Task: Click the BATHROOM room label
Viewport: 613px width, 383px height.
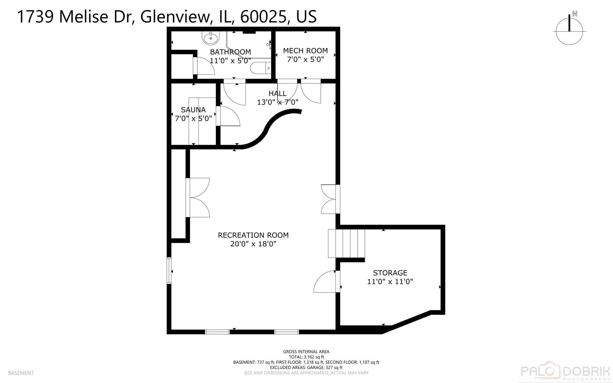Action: [230, 52]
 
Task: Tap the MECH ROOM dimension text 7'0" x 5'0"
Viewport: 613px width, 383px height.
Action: [305, 59]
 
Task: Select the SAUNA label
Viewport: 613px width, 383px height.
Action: [193, 110]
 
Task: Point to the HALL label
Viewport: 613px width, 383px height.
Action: [277, 93]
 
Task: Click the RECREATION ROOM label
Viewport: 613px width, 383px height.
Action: [253, 235]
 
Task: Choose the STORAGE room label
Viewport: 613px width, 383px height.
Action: [390, 273]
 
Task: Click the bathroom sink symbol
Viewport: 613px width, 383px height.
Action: [211, 38]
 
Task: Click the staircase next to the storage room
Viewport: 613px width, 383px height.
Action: [346, 243]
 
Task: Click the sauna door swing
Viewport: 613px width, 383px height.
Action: [229, 116]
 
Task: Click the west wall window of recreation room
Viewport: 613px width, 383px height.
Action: [169, 270]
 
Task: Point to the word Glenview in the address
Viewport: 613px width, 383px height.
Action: [175, 16]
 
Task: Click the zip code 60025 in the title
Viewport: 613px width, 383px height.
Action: [263, 16]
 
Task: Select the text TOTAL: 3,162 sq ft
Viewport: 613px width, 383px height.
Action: [306, 357]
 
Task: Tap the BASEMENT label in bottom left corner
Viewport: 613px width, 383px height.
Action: [21, 373]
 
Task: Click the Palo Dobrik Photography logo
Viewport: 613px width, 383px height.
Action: [565, 372]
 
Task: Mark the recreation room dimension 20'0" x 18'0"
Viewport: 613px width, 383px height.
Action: [253, 244]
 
